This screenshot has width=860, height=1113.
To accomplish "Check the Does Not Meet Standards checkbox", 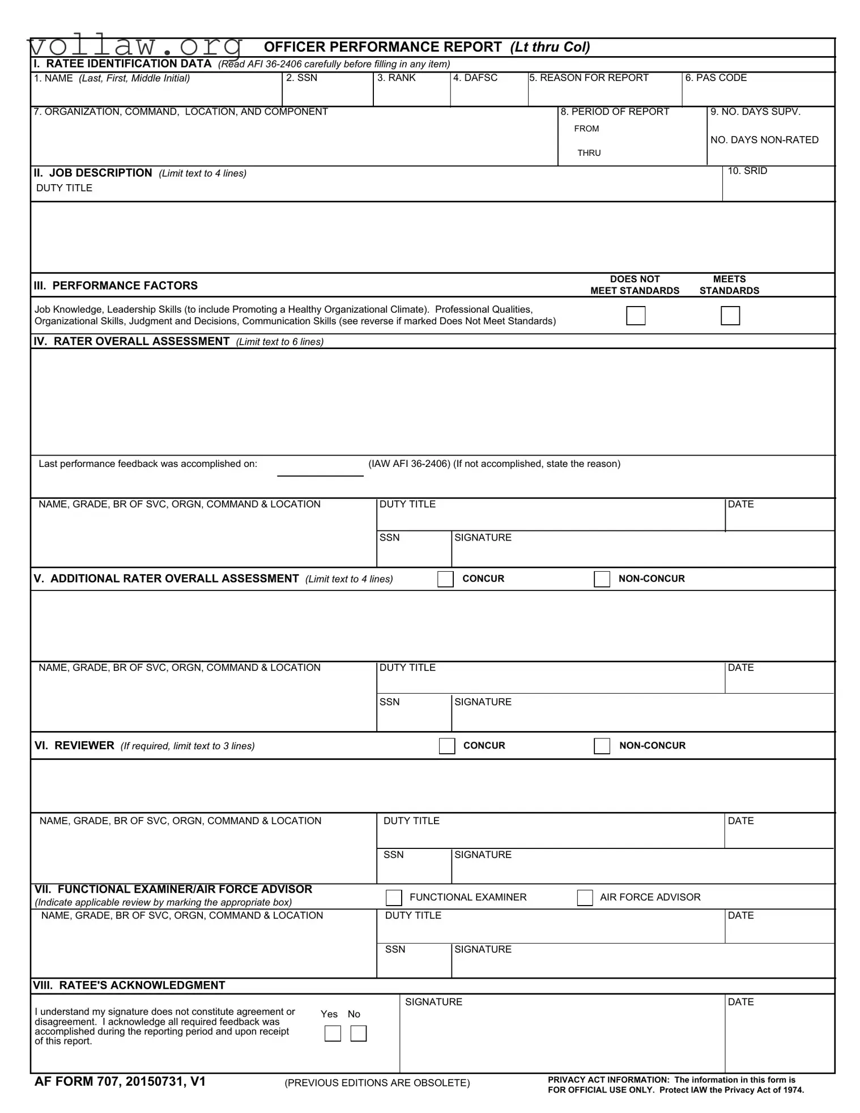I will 636,316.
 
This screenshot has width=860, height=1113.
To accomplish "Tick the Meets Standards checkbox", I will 730,316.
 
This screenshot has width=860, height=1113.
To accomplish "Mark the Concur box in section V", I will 445,579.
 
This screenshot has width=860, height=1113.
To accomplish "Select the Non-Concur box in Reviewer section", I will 602,746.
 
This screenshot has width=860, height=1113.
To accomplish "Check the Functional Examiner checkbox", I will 393,898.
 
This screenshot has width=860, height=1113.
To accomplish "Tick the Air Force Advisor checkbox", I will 585,898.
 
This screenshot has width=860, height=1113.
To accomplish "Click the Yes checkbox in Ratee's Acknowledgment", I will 333,1034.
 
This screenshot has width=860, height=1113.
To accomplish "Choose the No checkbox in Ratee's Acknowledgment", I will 358,1034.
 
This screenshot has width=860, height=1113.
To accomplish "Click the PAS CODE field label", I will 716,78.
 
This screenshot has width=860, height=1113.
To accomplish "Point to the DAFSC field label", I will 475,78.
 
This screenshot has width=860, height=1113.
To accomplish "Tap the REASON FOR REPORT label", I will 589,78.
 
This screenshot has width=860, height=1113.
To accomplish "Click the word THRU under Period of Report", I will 589,153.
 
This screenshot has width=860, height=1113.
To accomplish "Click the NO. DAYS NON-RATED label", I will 764,140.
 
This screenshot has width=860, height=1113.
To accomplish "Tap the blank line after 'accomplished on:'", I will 320,470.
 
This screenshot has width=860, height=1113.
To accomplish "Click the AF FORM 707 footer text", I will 120,1082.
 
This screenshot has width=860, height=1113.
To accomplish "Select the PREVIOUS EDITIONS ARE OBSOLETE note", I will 377,1083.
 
